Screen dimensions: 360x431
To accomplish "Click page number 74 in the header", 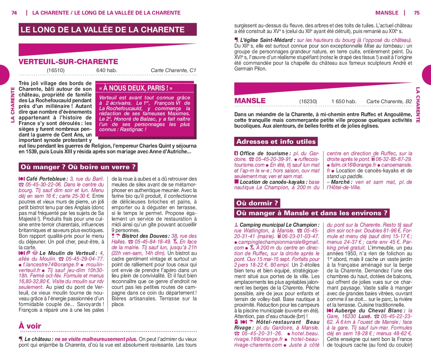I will click(14, 13).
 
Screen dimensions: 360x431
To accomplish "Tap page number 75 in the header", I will click(416, 13).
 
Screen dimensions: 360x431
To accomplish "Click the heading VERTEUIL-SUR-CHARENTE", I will click(68, 62).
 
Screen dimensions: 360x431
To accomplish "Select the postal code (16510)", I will click(56, 70).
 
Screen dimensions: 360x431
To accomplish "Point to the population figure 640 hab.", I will click(107, 70).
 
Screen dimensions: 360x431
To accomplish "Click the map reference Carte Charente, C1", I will click(173, 70).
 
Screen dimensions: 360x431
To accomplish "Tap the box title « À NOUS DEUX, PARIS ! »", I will click(136, 88).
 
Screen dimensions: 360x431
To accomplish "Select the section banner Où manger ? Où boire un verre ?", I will click(78, 167).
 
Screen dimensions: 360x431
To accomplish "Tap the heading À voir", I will click(30, 326).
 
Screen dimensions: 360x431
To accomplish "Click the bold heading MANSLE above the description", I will click(250, 101).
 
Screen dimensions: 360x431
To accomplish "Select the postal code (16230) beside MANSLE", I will click(308, 102).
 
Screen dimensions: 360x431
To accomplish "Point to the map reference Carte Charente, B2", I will click(389, 102).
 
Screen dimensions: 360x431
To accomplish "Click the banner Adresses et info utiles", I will click(276, 142).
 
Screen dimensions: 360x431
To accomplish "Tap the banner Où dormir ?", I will click(257, 203).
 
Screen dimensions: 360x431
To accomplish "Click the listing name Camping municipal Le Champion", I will click(278, 225).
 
